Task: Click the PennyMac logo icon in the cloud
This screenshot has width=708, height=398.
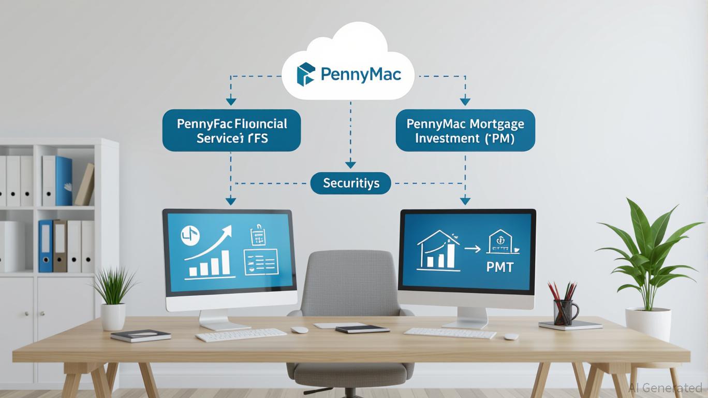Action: pos(305,74)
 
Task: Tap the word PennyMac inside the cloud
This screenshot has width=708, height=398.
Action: pos(360,75)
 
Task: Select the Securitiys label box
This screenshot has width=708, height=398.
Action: pos(350,183)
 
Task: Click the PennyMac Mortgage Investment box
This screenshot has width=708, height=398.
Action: pos(465,131)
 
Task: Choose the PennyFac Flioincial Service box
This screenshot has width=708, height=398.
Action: pos(231,131)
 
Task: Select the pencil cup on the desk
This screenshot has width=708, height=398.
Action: pos(565,311)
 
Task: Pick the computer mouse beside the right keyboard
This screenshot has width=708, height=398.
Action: pos(511,336)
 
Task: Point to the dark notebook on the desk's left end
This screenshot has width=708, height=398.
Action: pos(140,336)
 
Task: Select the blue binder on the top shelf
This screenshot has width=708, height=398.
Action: pos(64,181)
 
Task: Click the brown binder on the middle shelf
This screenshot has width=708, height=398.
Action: pos(60,246)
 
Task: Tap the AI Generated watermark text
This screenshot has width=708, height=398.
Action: pos(666,388)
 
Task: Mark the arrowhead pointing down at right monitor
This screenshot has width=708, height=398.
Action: pos(465,201)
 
